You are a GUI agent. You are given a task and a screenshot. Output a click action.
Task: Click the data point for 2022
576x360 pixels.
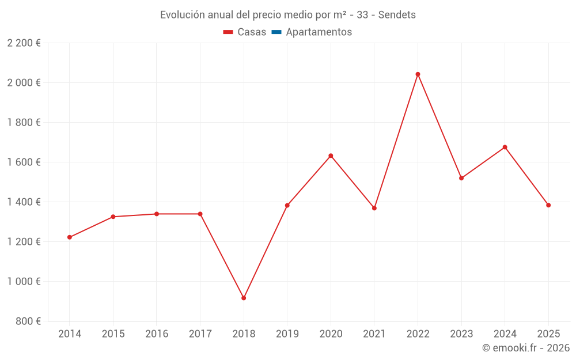click(x=418, y=74)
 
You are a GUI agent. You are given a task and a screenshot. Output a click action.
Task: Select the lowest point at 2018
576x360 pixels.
click(x=244, y=298)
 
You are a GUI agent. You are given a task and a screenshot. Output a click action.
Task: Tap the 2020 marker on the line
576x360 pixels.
click(x=331, y=156)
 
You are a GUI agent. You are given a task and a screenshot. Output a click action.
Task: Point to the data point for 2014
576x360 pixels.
click(x=70, y=237)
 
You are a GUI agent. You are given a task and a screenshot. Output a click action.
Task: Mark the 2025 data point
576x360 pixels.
click(x=548, y=205)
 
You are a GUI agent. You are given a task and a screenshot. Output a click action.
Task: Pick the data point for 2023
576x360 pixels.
click(x=461, y=178)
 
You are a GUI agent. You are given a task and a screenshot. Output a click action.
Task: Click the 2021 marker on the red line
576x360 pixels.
click(x=374, y=208)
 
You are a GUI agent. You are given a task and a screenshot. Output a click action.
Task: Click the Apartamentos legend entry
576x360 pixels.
click(x=319, y=32)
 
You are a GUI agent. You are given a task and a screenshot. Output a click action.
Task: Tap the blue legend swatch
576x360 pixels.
click(x=276, y=32)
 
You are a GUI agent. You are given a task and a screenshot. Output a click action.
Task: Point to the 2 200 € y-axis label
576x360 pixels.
click(x=24, y=43)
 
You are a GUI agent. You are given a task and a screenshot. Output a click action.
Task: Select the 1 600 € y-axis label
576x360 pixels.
click(x=24, y=162)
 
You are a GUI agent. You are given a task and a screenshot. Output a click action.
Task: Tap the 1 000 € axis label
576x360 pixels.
click(x=24, y=282)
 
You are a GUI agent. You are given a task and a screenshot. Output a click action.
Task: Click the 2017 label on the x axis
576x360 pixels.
click(x=200, y=334)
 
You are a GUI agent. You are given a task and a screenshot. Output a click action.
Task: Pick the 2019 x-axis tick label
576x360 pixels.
click(x=287, y=334)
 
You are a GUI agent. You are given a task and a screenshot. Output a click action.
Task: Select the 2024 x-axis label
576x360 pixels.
click(x=505, y=334)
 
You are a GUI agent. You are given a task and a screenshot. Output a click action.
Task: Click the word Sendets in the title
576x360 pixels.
click(x=397, y=15)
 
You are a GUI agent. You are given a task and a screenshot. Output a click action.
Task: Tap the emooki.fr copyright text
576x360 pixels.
click(x=526, y=348)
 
